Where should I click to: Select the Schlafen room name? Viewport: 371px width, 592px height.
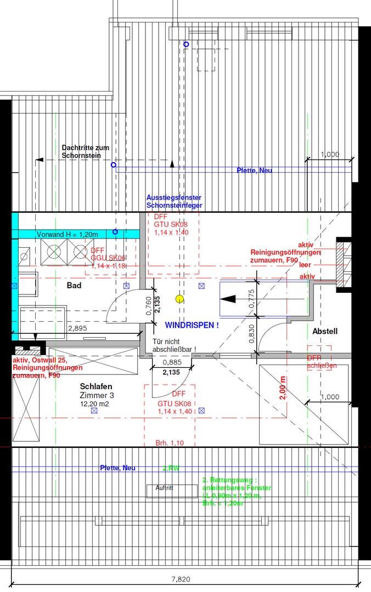point(96,386)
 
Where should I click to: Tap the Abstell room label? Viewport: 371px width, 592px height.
point(325,332)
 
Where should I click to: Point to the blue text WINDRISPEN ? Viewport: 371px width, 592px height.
point(192,325)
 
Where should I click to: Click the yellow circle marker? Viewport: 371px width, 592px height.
point(179,299)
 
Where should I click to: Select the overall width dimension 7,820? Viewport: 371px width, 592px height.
point(184,579)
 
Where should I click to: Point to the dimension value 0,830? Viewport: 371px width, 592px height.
point(250,334)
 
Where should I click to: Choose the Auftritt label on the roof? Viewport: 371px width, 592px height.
point(165,487)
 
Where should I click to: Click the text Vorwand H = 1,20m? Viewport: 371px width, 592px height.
point(67,235)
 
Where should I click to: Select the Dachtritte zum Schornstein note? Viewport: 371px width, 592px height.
point(85,152)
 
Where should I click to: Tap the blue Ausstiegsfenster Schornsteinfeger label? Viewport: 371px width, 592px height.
point(174,201)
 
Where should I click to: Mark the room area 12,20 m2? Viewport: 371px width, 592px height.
point(95,403)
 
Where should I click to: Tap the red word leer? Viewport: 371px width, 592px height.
point(305,264)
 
